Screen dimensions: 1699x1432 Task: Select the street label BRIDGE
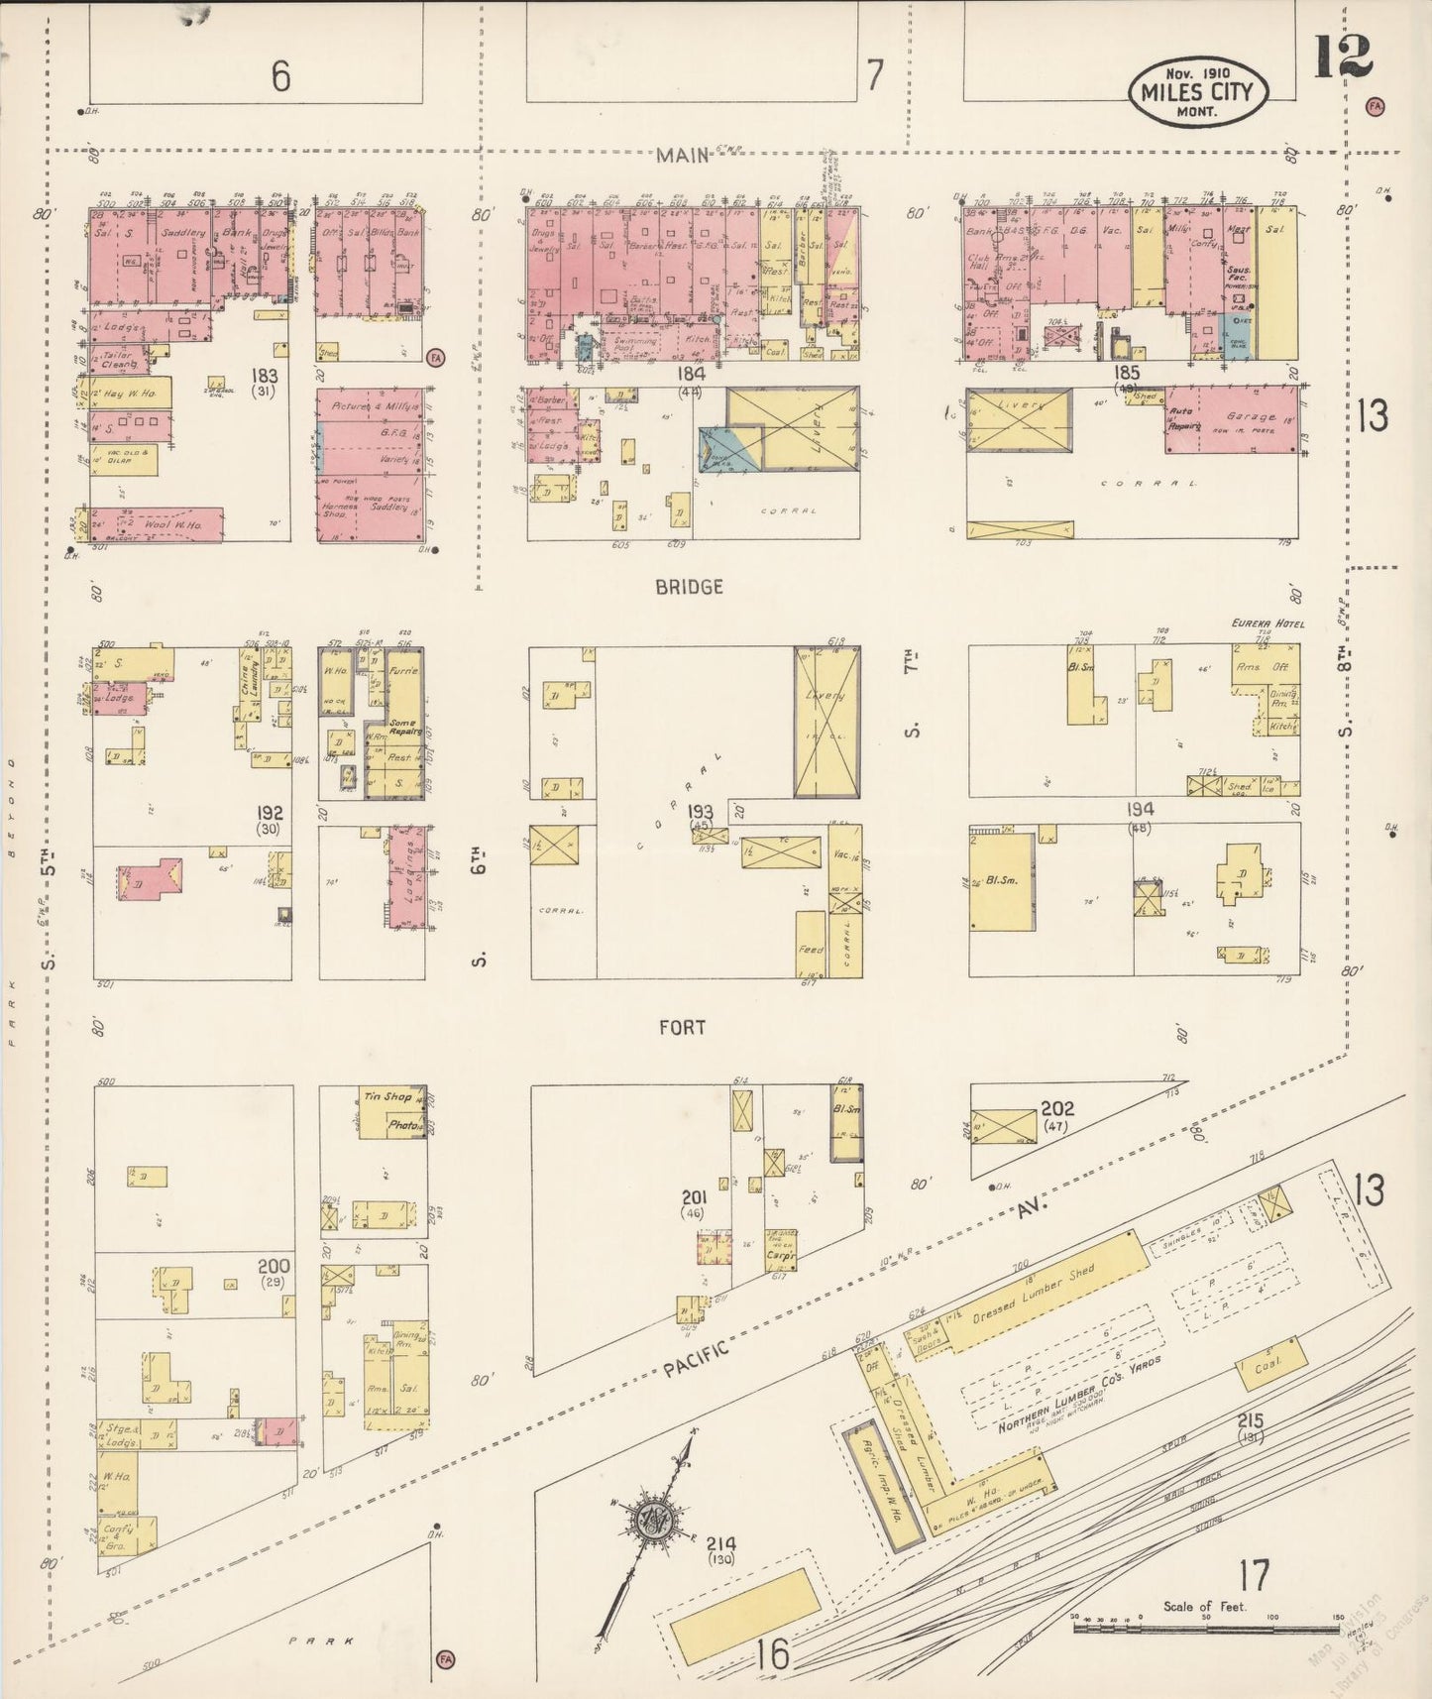coord(689,587)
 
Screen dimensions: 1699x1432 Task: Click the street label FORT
coord(683,1028)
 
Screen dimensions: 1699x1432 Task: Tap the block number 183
coord(265,377)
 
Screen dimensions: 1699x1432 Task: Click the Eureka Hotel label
coord(1267,623)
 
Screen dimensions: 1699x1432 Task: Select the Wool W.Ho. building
coord(159,524)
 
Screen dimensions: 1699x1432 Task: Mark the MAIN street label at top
coord(684,155)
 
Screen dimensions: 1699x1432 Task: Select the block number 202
coord(1056,1108)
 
